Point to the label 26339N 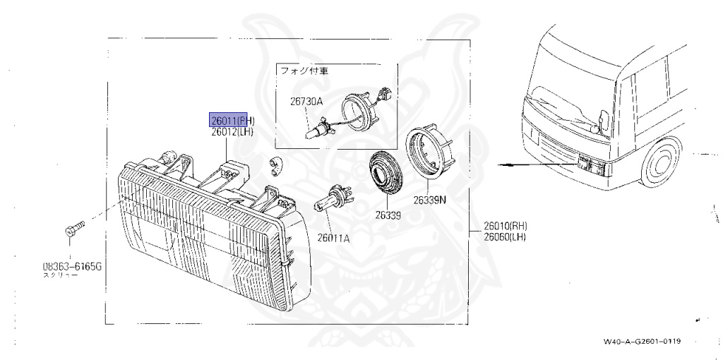coord(430,200)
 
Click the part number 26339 coord(388,215)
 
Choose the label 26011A coord(333,238)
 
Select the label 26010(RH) coord(506,226)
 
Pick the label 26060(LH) coord(506,236)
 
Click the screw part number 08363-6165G coord(73,267)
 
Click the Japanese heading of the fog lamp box coord(305,71)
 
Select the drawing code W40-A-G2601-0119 coord(642,342)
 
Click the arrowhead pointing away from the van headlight coord(501,164)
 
